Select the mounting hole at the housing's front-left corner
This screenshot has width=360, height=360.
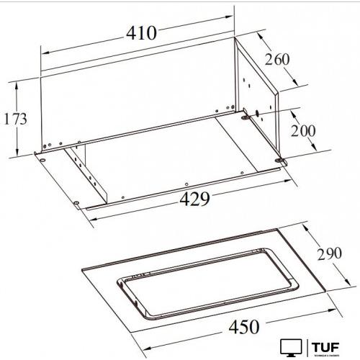point(44,159)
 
